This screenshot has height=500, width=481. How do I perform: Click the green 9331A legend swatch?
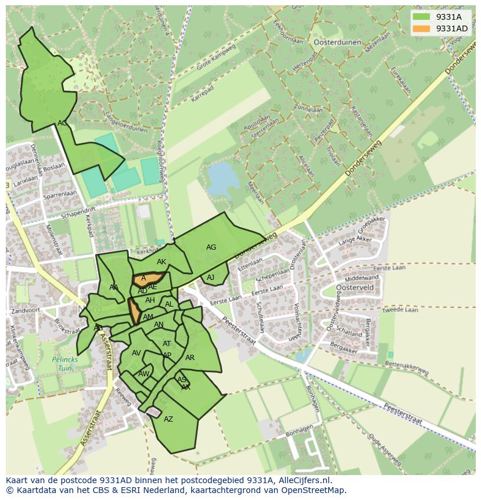(x=422, y=17)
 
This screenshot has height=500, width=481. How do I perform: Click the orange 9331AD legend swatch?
(x=422, y=28)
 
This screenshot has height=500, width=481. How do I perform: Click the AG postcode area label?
(x=211, y=247)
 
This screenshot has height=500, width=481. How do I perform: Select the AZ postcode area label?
(x=168, y=419)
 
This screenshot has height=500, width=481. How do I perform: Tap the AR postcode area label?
(x=190, y=358)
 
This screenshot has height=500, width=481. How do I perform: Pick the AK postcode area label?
(x=161, y=262)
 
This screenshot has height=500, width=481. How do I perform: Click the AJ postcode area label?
(x=210, y=278)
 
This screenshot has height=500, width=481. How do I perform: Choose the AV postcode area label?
(x=137, y=353)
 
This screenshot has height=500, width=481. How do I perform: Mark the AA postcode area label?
(x=114, y=287)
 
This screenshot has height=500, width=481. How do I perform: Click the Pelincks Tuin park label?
(x=64, y=364)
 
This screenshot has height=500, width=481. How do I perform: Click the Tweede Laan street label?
(x=400, y=310)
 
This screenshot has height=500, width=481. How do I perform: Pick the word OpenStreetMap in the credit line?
(x=316, y=490)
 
